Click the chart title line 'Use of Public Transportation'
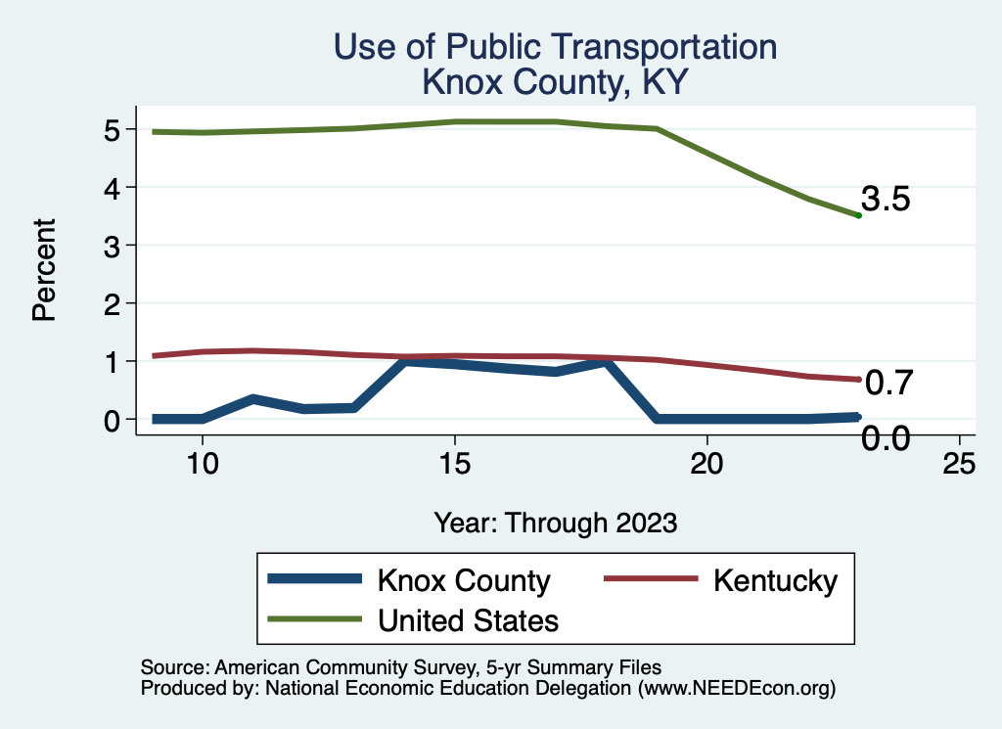[556, 47]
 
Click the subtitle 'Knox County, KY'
[556, 82]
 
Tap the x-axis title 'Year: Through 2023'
[556, 523]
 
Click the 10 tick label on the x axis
[202, 464]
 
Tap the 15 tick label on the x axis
[454, 464]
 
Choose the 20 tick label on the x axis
[706, 464]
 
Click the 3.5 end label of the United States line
[886, 200]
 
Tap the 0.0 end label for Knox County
[886, 439]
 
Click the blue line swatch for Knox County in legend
[314, 580]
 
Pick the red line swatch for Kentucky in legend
[651, 580]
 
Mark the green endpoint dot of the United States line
[858, 215]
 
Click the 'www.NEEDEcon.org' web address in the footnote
[737, 688]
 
